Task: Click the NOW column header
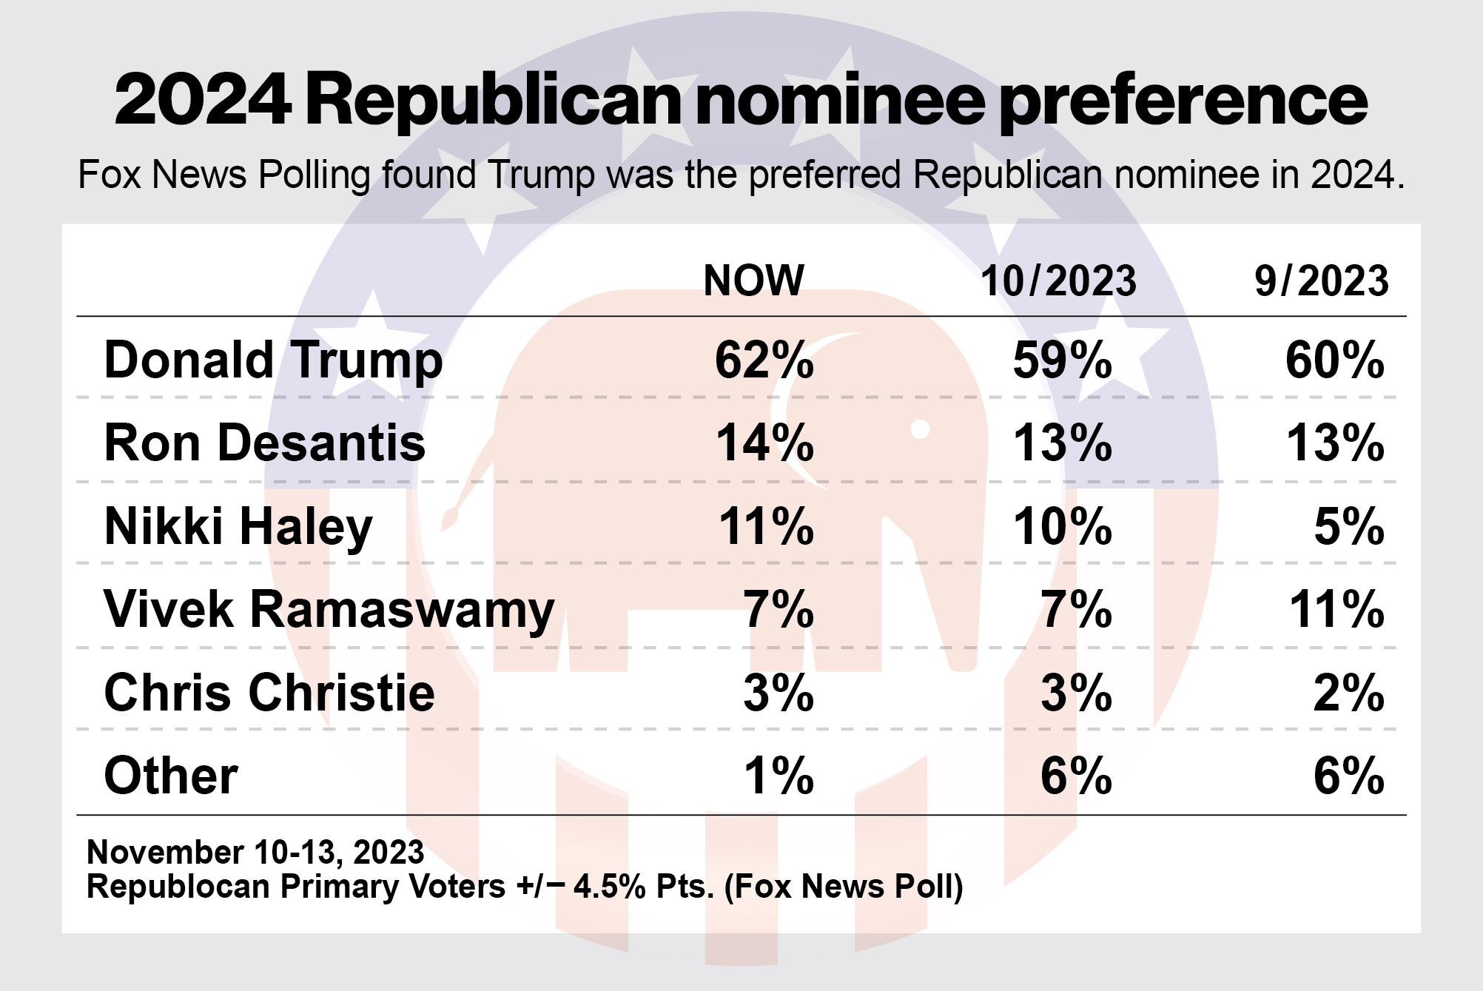click(753, 281)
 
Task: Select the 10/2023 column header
click(1058, 281)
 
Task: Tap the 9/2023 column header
click(1322, 281)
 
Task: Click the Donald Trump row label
click(273, 361)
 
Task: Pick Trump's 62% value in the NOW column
click(764, 361)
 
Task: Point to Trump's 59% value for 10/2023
click(1062, 361)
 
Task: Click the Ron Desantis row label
click(265, 444)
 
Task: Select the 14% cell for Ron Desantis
click(764, 444)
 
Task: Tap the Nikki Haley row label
click(238, 528)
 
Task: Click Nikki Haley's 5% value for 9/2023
click(1348, 528)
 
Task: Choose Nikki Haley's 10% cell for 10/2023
click(1062, 528)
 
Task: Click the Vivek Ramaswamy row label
click(329, 611)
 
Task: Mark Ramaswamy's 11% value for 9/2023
click(1336, 611)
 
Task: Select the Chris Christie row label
click(269, 693)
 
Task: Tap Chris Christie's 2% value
click(1348, 693)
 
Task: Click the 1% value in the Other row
click(779, 776)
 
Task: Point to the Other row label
click(171, 776)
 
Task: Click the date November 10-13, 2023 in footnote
click(255, 853)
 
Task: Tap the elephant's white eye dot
click(920, 429)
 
